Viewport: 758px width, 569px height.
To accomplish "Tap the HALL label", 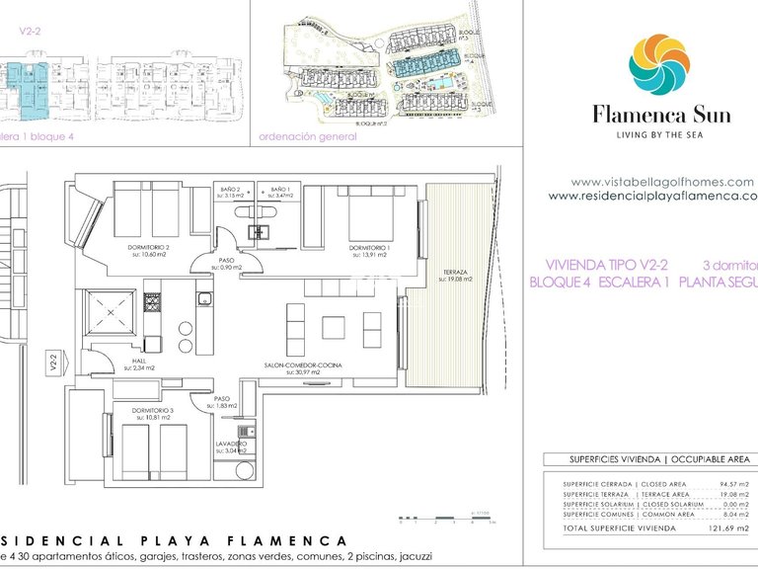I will coord(139,363).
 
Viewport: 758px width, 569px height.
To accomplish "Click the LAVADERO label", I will coord(231,446).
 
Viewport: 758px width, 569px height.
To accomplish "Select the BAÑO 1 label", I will coord(279,189).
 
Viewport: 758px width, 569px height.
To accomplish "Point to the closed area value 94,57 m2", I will coord(731,484).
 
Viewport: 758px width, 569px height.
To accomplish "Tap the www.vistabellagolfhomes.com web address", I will coord(662,182).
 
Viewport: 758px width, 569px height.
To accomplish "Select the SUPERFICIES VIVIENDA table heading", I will coord(603,460).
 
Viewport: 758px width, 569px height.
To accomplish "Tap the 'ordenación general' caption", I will coord(307,137).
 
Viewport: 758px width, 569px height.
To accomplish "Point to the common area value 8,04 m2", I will coord(734,515).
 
